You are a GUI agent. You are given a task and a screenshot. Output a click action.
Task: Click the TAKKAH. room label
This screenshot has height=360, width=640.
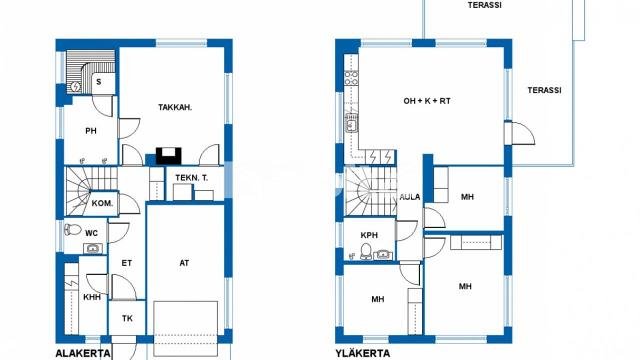(x=175, y=107)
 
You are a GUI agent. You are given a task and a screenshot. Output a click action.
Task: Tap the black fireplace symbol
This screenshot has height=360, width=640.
(x=168, y=156)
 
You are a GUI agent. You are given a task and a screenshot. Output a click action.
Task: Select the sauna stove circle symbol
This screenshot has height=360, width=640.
(x=75, y=86)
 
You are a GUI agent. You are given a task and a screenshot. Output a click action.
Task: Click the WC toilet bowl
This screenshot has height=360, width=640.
(x=72, y=229)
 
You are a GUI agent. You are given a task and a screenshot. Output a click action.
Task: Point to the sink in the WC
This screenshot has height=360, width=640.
(x=92, y=248)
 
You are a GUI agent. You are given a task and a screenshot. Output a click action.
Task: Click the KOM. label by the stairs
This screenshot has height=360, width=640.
(x=102, y=203)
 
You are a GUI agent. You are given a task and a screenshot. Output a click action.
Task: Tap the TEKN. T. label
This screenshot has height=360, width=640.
(x=191, y=177)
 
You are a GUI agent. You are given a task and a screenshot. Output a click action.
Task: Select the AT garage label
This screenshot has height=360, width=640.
(x=184, y=263)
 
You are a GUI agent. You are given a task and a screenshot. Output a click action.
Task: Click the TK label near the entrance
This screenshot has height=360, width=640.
(x=127, y=318)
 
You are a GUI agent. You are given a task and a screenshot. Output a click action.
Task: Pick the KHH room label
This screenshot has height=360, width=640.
(x=91, y=297)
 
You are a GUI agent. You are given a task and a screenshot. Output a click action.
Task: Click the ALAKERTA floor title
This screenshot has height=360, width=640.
(x=83, y=353)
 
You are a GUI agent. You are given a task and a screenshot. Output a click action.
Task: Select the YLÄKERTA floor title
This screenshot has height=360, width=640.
(x=362, y=353)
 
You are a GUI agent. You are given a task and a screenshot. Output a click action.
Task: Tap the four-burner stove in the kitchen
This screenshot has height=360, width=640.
(x=351, y=78)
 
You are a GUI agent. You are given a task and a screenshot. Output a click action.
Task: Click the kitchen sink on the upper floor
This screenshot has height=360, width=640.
(x=351, y=123)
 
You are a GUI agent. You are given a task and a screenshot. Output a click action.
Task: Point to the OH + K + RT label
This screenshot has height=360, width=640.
(x=427, y=101)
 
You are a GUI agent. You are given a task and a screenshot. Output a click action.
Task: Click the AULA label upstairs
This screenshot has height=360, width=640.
(x=409, y=197)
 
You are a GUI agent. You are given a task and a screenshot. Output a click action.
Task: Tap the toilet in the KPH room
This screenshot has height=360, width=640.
(x=365, y=251)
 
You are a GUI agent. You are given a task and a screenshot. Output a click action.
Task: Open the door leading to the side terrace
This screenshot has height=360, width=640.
(x=519, y=133)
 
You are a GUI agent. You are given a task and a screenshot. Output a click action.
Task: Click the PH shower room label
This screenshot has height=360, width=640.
(x=91, y=130)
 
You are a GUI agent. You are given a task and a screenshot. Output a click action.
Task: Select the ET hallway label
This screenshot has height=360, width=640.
(x=126, y=263)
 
